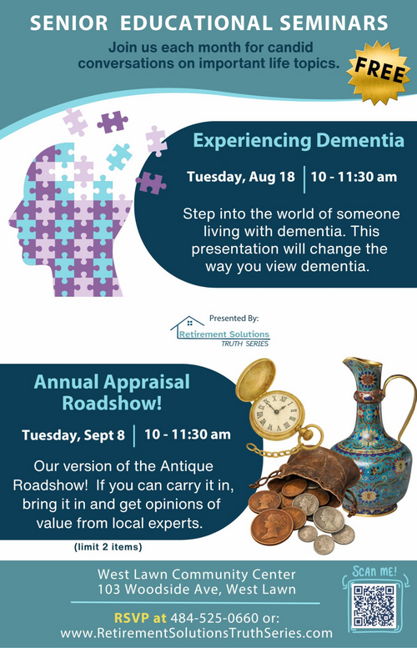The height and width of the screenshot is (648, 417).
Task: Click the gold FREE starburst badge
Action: click(x=379, y=73)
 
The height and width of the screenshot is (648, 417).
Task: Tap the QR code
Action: click(x=374, y=605)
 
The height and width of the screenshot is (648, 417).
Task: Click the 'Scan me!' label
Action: click(x=374, y=571)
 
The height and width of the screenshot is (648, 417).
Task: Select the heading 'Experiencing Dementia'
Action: click(x=299, y=140)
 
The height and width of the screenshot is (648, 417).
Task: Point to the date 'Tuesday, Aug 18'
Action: click(x=241, y=177)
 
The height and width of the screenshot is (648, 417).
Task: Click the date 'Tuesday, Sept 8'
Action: click(x=73, y=435)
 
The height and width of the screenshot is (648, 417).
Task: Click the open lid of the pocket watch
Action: click(x=255, y=380)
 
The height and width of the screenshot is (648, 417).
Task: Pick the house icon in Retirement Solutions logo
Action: click(x=187, y=324)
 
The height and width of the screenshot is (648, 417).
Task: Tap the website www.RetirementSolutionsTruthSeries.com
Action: click(x=196, y=633)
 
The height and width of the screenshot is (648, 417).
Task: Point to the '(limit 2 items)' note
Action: click(x=108, y=547)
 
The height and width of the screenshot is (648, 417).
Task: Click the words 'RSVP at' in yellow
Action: click(x=140, y=618)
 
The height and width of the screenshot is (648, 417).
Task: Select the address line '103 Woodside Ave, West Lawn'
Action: click(x=197, y=590)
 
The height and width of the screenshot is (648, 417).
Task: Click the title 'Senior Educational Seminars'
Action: click(x=209, y=23)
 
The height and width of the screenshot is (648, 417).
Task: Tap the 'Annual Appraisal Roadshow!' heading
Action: click(x=112, y=393)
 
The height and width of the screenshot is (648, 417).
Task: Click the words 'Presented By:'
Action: click(x=234, y=319)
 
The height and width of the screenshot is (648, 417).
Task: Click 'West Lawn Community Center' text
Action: click(x=197, y=574)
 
